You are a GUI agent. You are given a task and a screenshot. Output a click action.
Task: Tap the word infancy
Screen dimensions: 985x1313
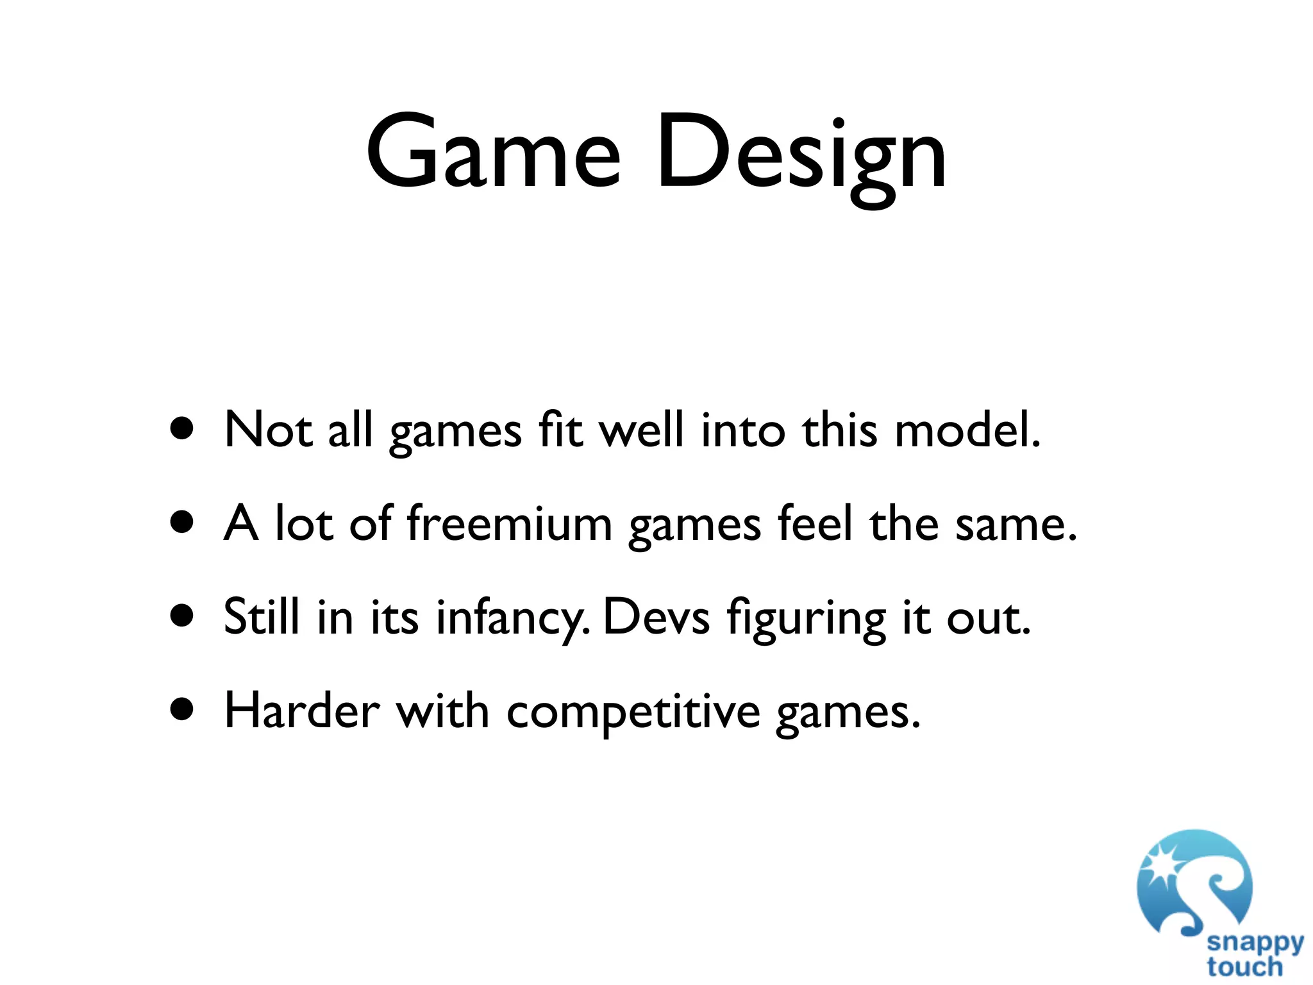[511, 617]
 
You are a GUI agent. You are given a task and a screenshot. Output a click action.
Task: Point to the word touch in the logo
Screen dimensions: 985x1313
[1244, 966]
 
